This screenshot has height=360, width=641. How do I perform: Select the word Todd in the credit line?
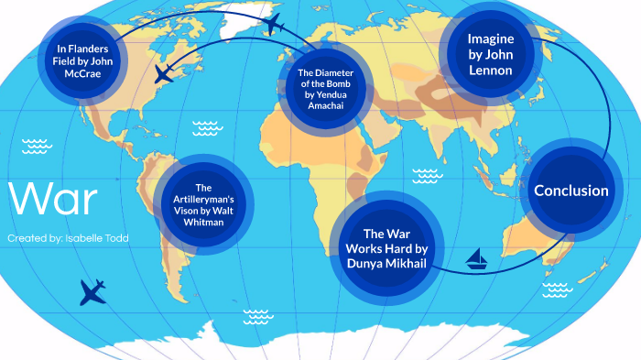116,238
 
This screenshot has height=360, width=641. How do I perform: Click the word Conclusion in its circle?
571,191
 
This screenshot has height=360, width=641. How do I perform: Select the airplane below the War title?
92,292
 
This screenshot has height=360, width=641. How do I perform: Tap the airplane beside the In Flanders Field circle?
165,73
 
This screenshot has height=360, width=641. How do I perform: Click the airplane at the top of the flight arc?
273,22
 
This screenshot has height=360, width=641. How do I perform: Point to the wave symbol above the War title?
37,145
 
